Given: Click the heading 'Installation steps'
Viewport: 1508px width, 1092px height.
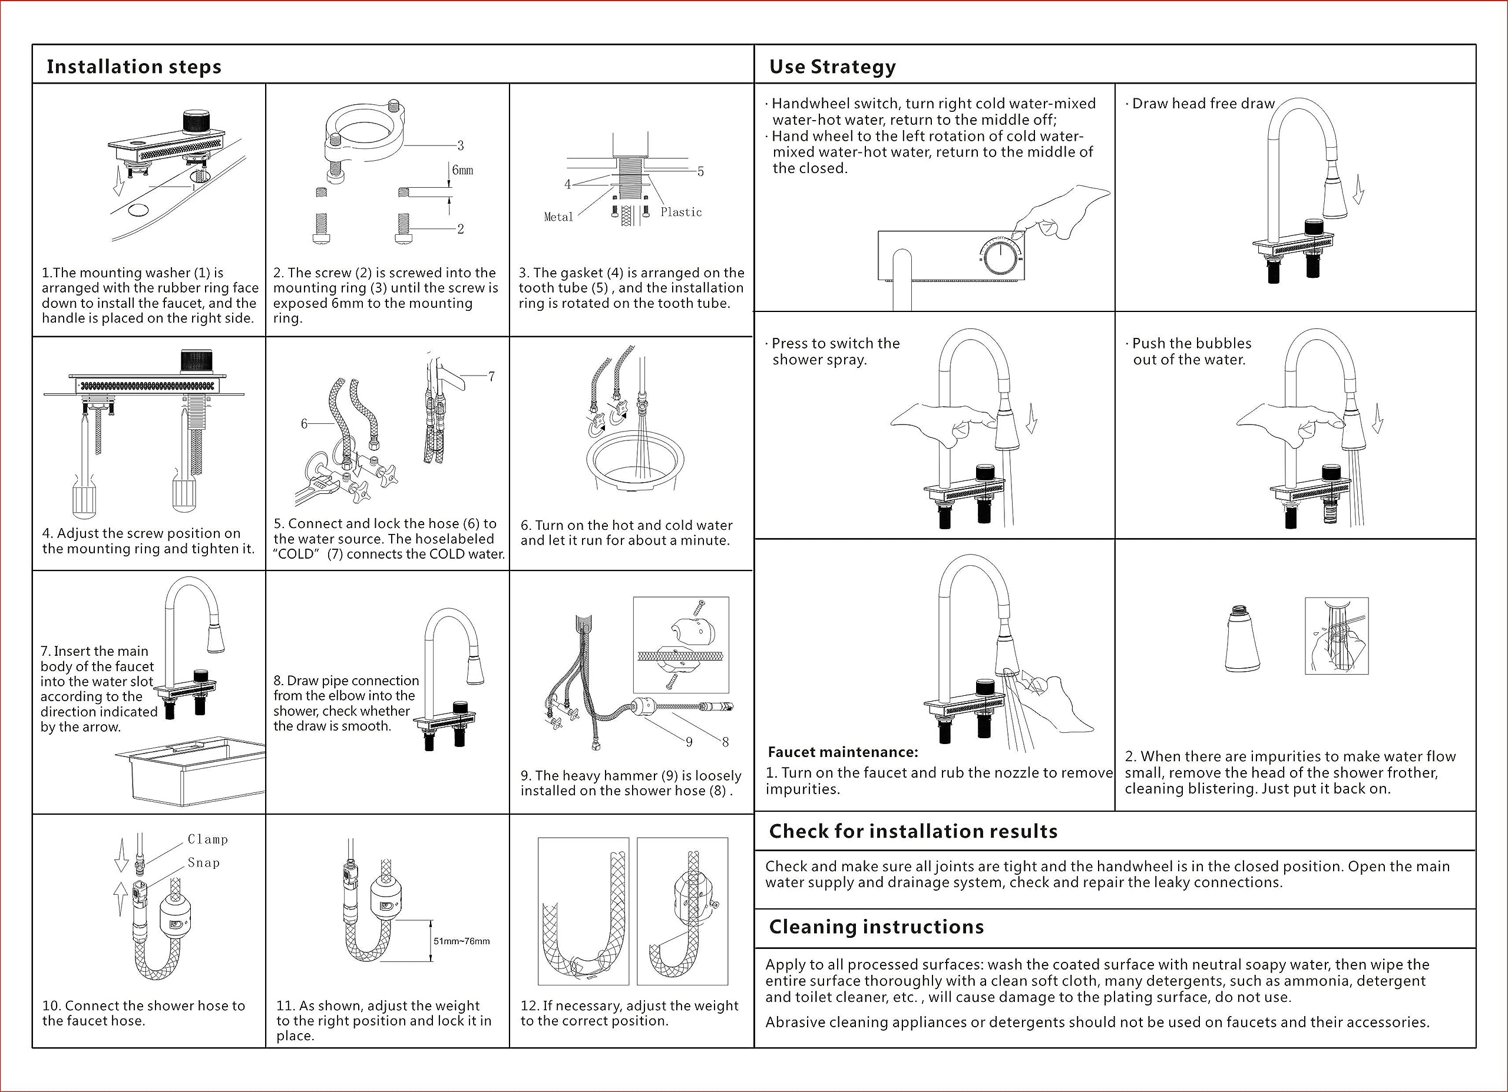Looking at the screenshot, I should [134, 67].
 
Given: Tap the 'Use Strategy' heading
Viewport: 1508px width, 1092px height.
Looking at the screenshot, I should [832, 67].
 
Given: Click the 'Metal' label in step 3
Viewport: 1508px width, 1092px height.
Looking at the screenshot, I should [558, 217].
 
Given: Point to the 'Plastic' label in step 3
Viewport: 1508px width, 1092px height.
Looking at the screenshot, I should [681, 212].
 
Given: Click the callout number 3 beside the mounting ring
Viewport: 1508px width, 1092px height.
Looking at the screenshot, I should [460, 145].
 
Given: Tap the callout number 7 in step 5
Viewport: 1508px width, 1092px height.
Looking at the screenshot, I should [491, 376].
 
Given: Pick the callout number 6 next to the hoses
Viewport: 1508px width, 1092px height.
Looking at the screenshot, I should [304, 423].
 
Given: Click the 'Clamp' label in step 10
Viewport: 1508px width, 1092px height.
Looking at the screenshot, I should [207, 839].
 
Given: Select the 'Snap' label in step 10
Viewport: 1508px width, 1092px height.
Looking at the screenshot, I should [203, 862].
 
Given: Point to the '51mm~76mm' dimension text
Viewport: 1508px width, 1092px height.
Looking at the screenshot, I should [461, 941].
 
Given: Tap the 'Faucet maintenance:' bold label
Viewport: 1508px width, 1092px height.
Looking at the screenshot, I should [842, 752].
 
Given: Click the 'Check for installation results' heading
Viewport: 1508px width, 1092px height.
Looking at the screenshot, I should [913, 831].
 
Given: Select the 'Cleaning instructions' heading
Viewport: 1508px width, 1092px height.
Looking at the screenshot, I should [877, 927].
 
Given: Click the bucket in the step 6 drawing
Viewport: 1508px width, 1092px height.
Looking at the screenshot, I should [635, 462].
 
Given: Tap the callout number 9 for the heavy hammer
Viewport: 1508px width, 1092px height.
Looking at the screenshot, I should [689, 742].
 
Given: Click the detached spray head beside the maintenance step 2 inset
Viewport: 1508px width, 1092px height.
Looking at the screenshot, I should [1242, 639].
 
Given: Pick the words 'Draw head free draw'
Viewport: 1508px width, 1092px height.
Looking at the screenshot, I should [1203, 104].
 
